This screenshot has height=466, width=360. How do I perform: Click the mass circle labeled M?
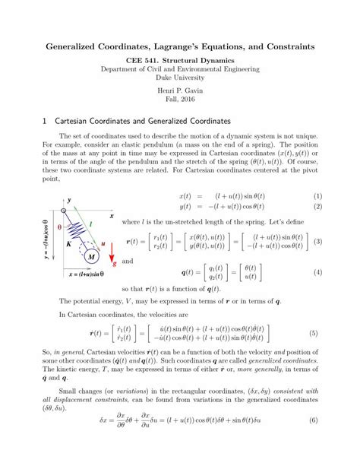(x=92, y=256)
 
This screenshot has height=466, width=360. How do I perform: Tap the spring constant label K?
(x=68, y=245)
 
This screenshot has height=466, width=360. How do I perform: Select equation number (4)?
(x=318, y=272)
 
